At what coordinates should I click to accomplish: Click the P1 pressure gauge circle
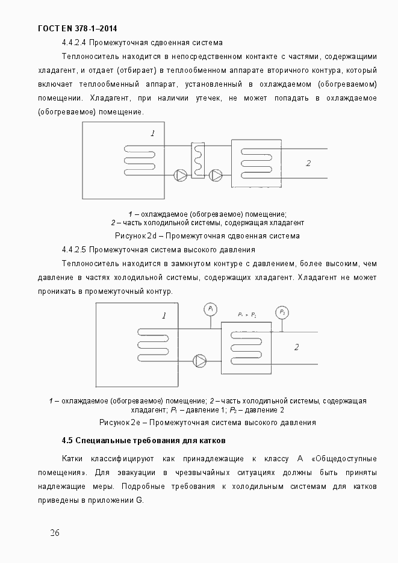pyautogui.click(x=211, y=309)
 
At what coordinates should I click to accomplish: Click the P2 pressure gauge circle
pyautogui.click(x=282, y=312)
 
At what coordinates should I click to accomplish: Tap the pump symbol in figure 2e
pyautogui.click(x=200, y=360)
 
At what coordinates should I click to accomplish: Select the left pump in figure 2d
pyautogui.click(x=181, y=175)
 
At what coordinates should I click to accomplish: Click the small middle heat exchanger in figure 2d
pyautogui.click(x=199, y=160)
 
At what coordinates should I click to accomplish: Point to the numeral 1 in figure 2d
pyautogui.click(x=153, y=133)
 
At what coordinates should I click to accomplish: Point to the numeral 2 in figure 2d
pyautogui.click(x=308, y=163)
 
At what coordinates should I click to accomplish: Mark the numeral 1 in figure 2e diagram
pyautogui.click(x=164, y=315)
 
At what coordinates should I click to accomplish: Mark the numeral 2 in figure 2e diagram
pyautogui.click(x=296, y=347)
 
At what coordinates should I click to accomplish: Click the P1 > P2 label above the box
pyautogui.click(x=247, y=315)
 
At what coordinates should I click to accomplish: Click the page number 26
pyautogui.click(x=55, y=533)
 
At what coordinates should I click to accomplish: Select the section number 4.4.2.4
pyautogui.click(x=75, y=43)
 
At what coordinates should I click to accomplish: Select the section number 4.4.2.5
pyautogui.click(x=75, y=249)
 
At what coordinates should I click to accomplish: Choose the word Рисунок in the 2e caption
pyautogui.click(x=114, y=423)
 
